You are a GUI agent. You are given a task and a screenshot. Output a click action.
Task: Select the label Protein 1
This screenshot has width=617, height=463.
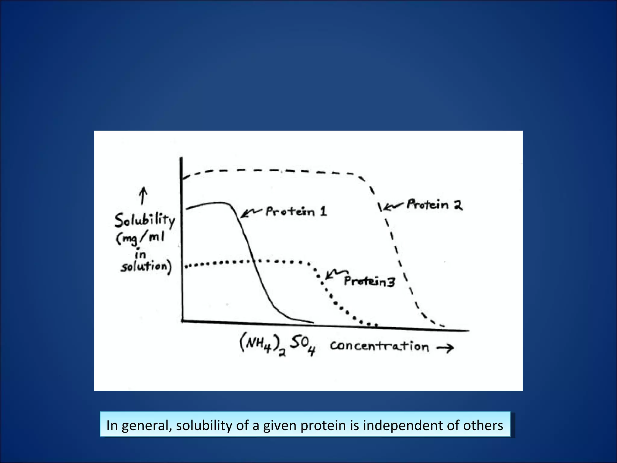[x=296, y=211]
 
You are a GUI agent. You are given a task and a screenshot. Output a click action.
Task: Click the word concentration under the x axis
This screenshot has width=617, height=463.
[x=379, y=346]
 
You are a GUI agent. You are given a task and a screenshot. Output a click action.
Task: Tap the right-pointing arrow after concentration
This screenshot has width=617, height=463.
[x=445, y=348]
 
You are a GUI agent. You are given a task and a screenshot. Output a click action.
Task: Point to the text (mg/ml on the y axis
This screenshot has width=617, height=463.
[x=140, y=239]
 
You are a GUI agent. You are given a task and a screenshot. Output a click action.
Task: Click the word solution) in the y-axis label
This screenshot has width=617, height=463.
[x=146, y=267]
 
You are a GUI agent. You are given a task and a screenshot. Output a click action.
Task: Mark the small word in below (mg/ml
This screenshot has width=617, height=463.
[x=140, y=255]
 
